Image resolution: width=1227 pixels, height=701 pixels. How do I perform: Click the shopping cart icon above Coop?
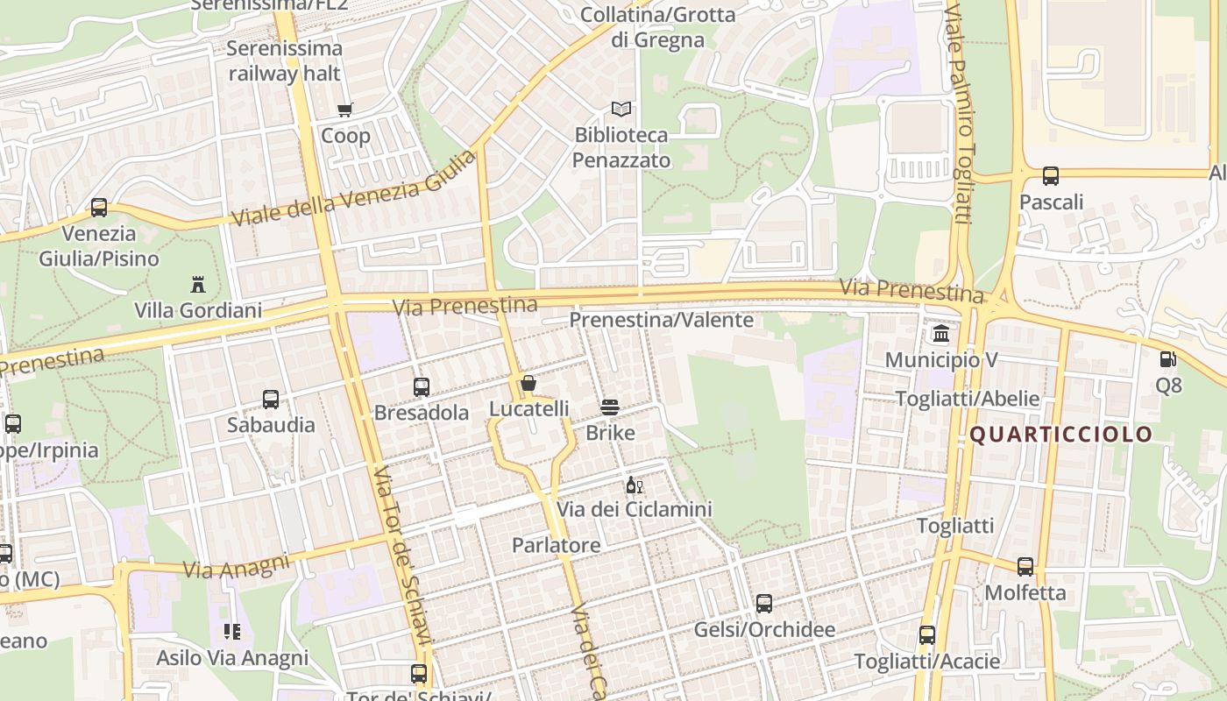pos(344,110)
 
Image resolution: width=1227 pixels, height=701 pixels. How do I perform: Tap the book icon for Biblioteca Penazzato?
pos(621,110)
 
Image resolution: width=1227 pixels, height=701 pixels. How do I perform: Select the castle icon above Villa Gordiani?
pos(198,285)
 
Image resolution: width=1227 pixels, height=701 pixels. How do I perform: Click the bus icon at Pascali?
pos(1051,176)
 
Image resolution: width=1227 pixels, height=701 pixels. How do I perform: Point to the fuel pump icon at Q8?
pos(1167,358)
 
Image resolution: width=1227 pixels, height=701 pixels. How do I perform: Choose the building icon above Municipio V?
pos(941,334)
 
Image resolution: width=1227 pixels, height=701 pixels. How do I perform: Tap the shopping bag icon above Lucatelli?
pos(528,383)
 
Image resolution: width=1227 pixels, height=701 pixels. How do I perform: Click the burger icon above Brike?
pos(610,407)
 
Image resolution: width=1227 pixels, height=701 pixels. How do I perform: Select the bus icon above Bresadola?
pos(422,386)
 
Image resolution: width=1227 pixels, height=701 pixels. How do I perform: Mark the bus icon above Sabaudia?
pos(271,400)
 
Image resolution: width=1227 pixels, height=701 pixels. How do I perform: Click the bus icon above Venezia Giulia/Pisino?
pos(99,208)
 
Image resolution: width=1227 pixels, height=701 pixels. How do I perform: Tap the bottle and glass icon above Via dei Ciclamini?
pos(635,485)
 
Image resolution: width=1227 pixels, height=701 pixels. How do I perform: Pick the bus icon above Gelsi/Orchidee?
pos(764,604)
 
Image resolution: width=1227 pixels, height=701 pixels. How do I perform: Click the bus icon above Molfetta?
pos(1025,567)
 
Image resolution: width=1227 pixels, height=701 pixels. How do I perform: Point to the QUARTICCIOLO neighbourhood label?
pos(1060,435)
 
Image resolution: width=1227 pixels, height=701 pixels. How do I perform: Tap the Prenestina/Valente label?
pos(662,320)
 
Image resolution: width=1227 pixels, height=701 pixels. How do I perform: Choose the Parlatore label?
pos(557,545)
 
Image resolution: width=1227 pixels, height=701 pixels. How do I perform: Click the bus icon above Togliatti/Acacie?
pos(927,635)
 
